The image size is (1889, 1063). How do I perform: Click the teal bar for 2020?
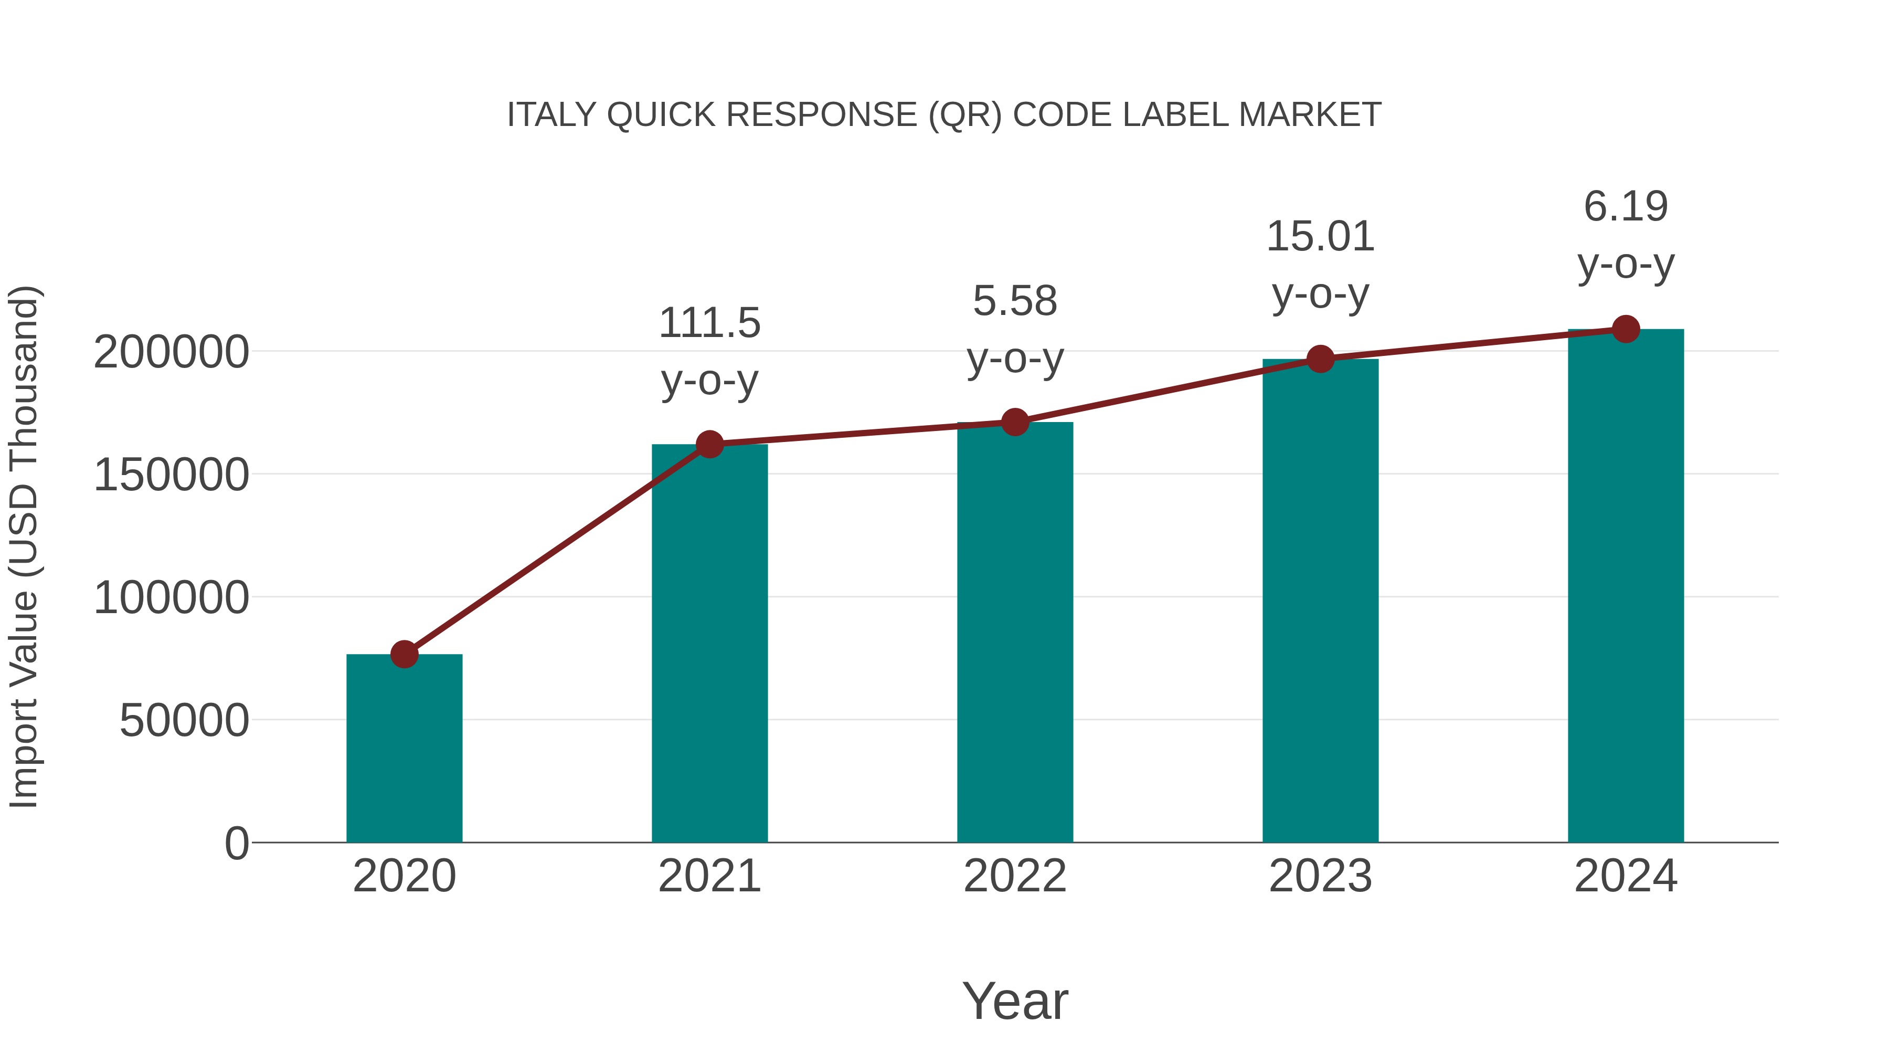[x=404, y=748]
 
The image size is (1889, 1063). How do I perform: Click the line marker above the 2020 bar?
[x=404, y=654]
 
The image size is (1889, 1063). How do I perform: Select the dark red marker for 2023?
[x=1320, y=359]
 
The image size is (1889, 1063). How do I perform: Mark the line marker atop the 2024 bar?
[x=1626, y=329]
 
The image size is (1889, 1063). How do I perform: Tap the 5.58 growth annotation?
[x=1015, y=301]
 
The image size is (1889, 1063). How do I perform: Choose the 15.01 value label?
[x=1320, y=237]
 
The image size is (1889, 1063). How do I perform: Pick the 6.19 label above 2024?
[x=1626, y=206]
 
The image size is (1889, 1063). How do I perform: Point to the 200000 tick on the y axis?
[x=171, y=352]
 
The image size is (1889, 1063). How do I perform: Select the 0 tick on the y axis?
[x=236, y=843]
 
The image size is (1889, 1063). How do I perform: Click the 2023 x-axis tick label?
[x=1320, y=876]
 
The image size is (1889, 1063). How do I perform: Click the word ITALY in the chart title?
[x=539, y=115]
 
